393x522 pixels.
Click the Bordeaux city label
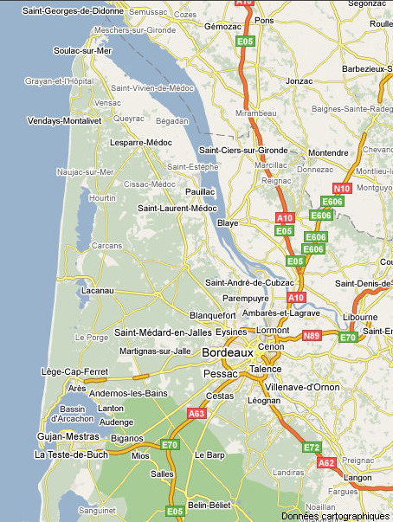[x=228, y=353]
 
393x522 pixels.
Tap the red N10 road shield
[x=342, y=189]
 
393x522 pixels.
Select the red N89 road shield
[x=311, y=335]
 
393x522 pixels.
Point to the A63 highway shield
[x=196, y=415]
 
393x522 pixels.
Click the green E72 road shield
[x=312, y=448]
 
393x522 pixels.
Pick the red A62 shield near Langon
[x=326, y=463]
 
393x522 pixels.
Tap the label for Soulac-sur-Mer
[x=59, y=50]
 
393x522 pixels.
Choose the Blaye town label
[x=228, y=222]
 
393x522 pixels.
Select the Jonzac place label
[x=299, y=81]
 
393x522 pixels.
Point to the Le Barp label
[x=209, y=454]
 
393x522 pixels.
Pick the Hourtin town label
[x=102, y=198]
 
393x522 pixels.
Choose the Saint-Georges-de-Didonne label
[x=73, y=10]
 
